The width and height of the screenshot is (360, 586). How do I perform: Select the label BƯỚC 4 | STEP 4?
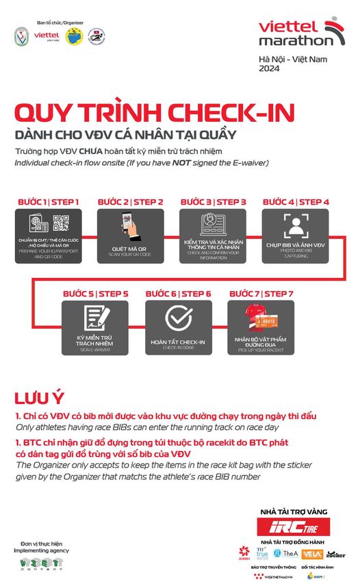pos(296,202)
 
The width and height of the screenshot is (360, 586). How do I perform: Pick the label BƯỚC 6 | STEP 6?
pos(178,294)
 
